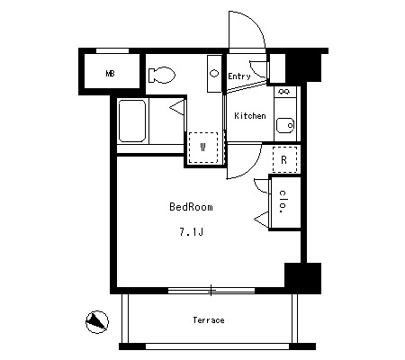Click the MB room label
point(110,73)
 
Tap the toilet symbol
point(162,75)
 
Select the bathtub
point(132,121)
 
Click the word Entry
point(239,76)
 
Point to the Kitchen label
point(250,115)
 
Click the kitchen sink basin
point(285,125)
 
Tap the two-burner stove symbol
point(284,91)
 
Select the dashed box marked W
point(203,148)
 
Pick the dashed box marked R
point(284,159)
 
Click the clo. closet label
point(283,202)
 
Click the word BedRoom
point(191,207)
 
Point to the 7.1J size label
point(192,232)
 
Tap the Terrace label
point(209,320)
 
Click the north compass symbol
point(97,322)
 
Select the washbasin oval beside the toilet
point(214,73)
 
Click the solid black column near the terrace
point(302,278)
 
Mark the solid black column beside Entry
point(303,67)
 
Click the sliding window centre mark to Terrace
point(211,290)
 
